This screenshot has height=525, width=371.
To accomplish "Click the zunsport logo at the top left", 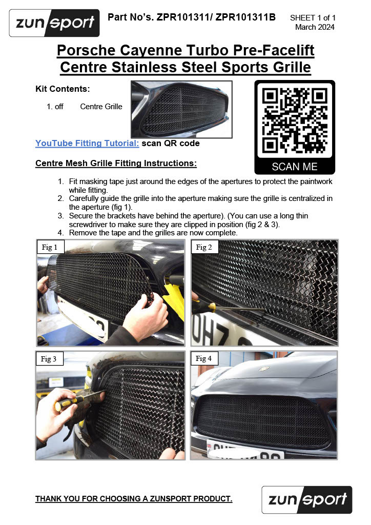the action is point(54,23).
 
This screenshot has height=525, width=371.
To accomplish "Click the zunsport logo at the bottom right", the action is point(307,499).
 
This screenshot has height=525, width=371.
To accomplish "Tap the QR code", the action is point(295,120).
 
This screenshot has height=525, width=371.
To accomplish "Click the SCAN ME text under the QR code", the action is point(295,167).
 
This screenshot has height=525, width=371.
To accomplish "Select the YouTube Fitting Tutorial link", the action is point(87,144).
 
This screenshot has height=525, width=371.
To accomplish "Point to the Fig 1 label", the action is point(50,247).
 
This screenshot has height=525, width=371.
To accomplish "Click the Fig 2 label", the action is point(204,247).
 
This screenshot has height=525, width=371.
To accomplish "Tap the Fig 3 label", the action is point(49,358).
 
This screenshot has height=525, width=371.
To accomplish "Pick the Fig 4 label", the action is point(204,358).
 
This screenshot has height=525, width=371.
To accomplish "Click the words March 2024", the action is point(315,27).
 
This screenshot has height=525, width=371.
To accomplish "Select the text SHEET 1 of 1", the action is point(313,18).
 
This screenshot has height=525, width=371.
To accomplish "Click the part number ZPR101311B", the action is point(245,17).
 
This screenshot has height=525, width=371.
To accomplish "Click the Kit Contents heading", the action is point(63,89).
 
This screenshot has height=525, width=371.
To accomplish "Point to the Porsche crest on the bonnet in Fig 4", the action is point(264,369).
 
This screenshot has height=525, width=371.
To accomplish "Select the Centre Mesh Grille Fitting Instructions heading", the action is point(116,163).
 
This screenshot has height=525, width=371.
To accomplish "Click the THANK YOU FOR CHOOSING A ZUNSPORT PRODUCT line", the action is point(134,498).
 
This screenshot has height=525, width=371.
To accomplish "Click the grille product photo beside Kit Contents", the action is point(181,109).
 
